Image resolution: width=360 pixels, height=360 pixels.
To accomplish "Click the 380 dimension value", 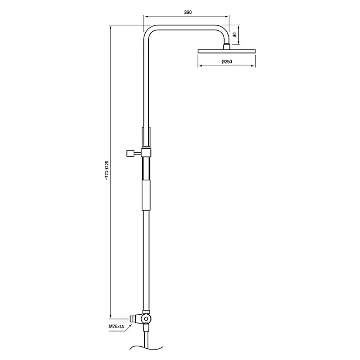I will coord(188,12).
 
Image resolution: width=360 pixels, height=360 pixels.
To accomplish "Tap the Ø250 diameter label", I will coord(227,61).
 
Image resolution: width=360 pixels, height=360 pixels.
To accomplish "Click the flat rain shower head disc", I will coord(226,51).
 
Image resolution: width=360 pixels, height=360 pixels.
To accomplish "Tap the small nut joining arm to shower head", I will coord(226,46).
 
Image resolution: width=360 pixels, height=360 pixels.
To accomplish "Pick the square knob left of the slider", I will coord(129,153).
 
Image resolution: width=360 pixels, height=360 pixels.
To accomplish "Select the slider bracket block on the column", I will coord(146,153).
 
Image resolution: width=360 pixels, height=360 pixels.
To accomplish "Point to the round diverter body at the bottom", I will coord(147,320).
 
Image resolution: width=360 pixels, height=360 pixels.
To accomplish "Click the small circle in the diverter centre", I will coord(147,320).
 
